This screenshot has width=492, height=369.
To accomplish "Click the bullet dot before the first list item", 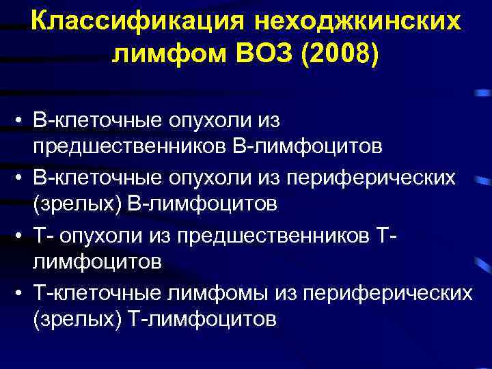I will coord(23,122).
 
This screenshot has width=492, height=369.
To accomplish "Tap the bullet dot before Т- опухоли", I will coord(23,236).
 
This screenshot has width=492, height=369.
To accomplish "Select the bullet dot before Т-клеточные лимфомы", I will coord(23,294).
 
